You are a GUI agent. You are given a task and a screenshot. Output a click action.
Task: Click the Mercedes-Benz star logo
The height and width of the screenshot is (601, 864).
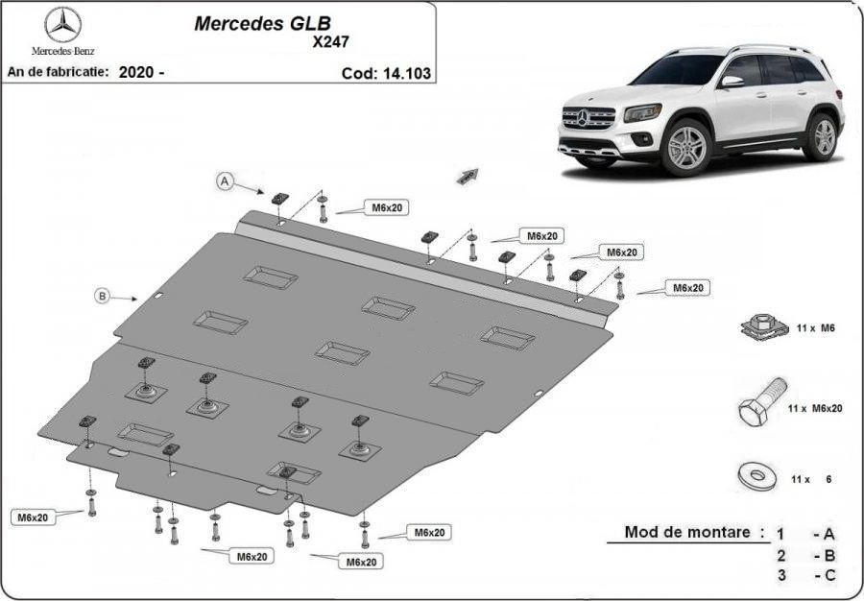(x=62, y=25)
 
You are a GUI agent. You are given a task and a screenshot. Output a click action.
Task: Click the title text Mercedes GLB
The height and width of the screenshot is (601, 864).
(x=262, y=23)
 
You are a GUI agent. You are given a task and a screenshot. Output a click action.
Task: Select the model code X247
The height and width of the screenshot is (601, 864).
(x=330, y=42)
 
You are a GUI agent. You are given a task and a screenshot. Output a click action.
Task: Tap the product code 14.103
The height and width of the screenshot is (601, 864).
(x=405, y=73)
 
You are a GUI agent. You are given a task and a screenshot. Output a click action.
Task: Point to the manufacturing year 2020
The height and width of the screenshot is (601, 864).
(x=136, y=72)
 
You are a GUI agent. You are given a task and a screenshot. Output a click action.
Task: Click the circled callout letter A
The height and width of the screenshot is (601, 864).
(x=225, y=180)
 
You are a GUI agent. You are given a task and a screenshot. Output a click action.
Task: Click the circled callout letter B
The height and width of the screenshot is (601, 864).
(x=102, y=297)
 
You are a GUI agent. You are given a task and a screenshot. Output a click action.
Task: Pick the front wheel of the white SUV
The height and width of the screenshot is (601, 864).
(x=686, y=147)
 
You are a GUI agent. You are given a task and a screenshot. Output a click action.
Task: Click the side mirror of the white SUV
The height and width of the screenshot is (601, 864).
(x=732, y=82)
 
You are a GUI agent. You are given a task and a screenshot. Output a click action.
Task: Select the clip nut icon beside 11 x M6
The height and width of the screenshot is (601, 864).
(x=762, y=327)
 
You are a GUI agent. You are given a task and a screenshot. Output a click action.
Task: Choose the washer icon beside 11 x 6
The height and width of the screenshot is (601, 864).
(x=757, y=475)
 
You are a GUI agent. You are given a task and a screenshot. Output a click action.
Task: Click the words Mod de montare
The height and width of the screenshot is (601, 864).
(x=687, y=532)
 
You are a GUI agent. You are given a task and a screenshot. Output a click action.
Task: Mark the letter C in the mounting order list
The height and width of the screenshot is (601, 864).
(x=829, y=575)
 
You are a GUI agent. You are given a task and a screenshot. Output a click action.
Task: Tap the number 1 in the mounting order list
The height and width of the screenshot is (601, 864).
(x=780, y=534)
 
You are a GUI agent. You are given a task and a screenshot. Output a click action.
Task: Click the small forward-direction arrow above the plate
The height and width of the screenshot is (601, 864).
(x=468, y=176)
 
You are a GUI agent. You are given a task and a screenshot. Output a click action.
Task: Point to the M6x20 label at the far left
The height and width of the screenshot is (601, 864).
(x=33, y=517)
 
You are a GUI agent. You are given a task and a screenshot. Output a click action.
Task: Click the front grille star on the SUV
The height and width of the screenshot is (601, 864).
(x=584, y=117)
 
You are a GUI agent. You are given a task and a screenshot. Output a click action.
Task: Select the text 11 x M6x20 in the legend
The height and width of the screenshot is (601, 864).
(x=815, y=409)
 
